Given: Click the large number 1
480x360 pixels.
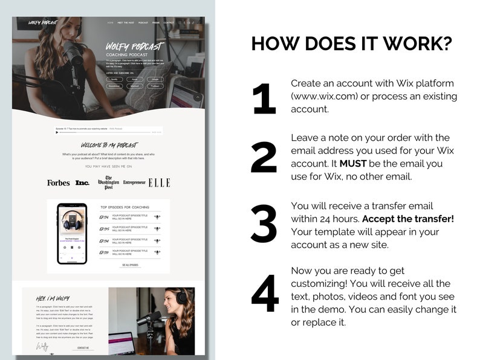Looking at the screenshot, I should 264,98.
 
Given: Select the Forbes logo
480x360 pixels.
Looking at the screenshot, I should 59,182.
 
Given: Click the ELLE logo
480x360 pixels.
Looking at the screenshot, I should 159,182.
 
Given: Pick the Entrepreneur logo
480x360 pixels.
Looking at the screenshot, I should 134,182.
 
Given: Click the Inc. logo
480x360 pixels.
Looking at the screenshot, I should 82,182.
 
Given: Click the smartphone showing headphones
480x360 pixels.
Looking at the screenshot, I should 72,233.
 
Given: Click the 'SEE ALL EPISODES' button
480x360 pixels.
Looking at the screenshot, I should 131,265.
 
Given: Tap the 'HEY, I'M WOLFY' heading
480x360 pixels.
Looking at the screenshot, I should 53,298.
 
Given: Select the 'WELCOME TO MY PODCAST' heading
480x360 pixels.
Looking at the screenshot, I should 109,146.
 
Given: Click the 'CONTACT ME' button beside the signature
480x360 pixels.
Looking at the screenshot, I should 83,348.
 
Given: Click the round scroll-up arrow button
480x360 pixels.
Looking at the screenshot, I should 197,97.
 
